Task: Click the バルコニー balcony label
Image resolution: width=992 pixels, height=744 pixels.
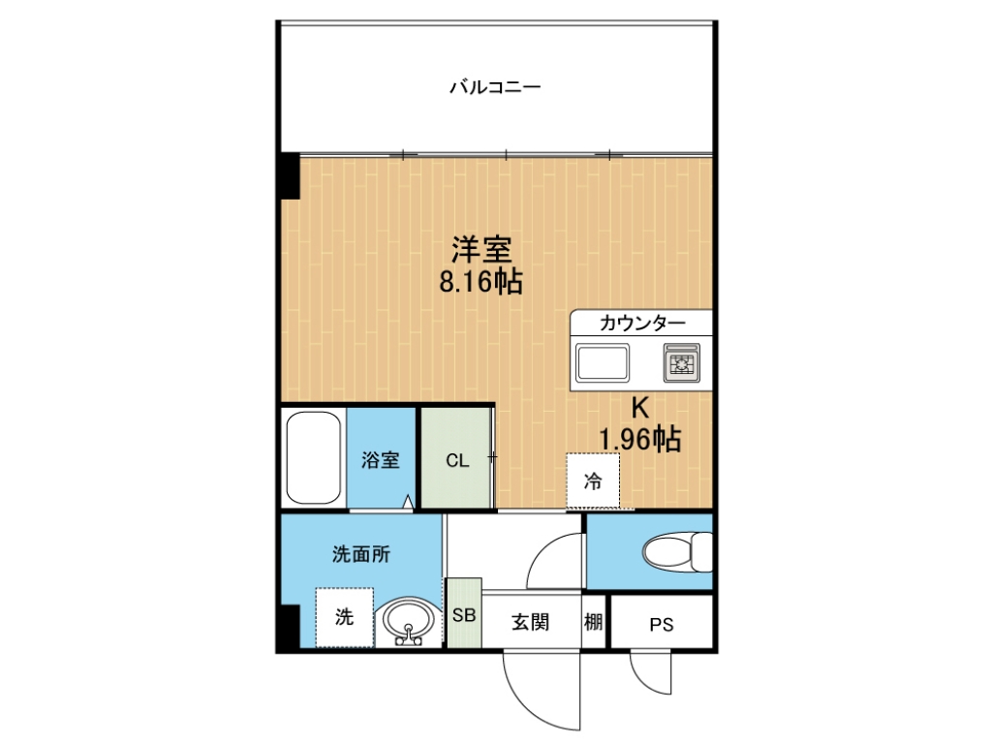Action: click(x=495, y=86)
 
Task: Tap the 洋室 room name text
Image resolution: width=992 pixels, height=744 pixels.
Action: click(x=481, y=250)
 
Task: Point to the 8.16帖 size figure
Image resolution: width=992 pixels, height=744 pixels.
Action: click(x=480, y=282)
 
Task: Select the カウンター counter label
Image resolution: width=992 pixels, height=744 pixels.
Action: click(x=641, y=324)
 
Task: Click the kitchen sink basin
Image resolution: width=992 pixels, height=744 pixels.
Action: click(x=603, y=362)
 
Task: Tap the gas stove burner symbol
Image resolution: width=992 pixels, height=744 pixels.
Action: click(x=681, y=362)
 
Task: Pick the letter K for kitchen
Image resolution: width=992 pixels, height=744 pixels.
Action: click(x=640, y=409)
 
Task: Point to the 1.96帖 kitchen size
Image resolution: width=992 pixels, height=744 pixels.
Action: click(x=639, y=439)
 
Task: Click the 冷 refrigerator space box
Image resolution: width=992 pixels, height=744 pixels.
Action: click(x=593, y=480)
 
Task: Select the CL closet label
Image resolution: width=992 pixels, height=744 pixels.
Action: click(x=457, y=460)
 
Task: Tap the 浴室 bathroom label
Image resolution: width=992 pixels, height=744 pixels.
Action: click(x=380, y=460)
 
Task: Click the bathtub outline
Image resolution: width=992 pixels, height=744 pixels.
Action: click(x=313, y=457)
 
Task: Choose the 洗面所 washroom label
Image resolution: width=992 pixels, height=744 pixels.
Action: click(x=361, y=554)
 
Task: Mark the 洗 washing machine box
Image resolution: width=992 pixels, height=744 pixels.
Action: click(x=345, y=617)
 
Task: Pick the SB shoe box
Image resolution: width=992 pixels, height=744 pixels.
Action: click(x=464, y=613)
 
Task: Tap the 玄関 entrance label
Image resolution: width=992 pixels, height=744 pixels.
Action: click(x=530, y=623)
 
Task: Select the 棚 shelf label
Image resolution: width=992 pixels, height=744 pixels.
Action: click(x=594, y=623)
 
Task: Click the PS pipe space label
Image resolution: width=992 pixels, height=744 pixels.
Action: click(x=661, y=625)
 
